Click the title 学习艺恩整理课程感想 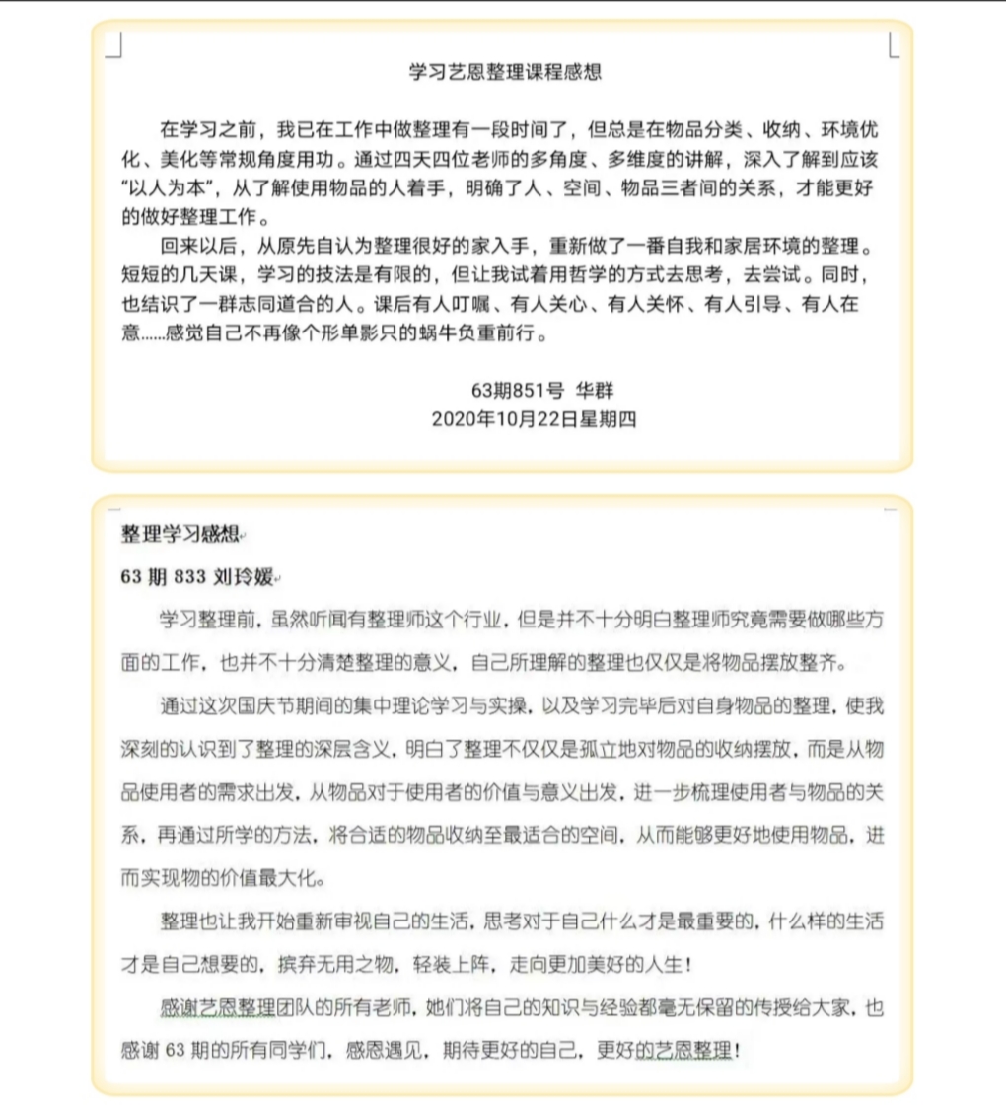(505, 72)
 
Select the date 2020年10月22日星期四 (534, 419)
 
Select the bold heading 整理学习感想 (180, 535)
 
